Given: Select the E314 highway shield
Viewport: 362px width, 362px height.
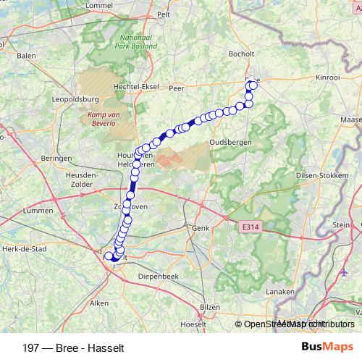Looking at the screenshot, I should pos(248,227).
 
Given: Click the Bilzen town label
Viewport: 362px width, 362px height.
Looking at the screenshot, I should pos(210,307).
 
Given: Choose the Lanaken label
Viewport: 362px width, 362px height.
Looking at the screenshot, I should pos(280,291).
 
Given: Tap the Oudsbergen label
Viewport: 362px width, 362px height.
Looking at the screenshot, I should pos(230,143).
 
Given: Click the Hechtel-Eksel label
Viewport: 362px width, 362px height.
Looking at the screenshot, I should pos(136,85).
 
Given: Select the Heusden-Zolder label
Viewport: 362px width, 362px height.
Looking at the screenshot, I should pos(82,180).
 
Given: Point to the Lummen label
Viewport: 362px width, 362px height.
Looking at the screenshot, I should pos(38,210).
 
